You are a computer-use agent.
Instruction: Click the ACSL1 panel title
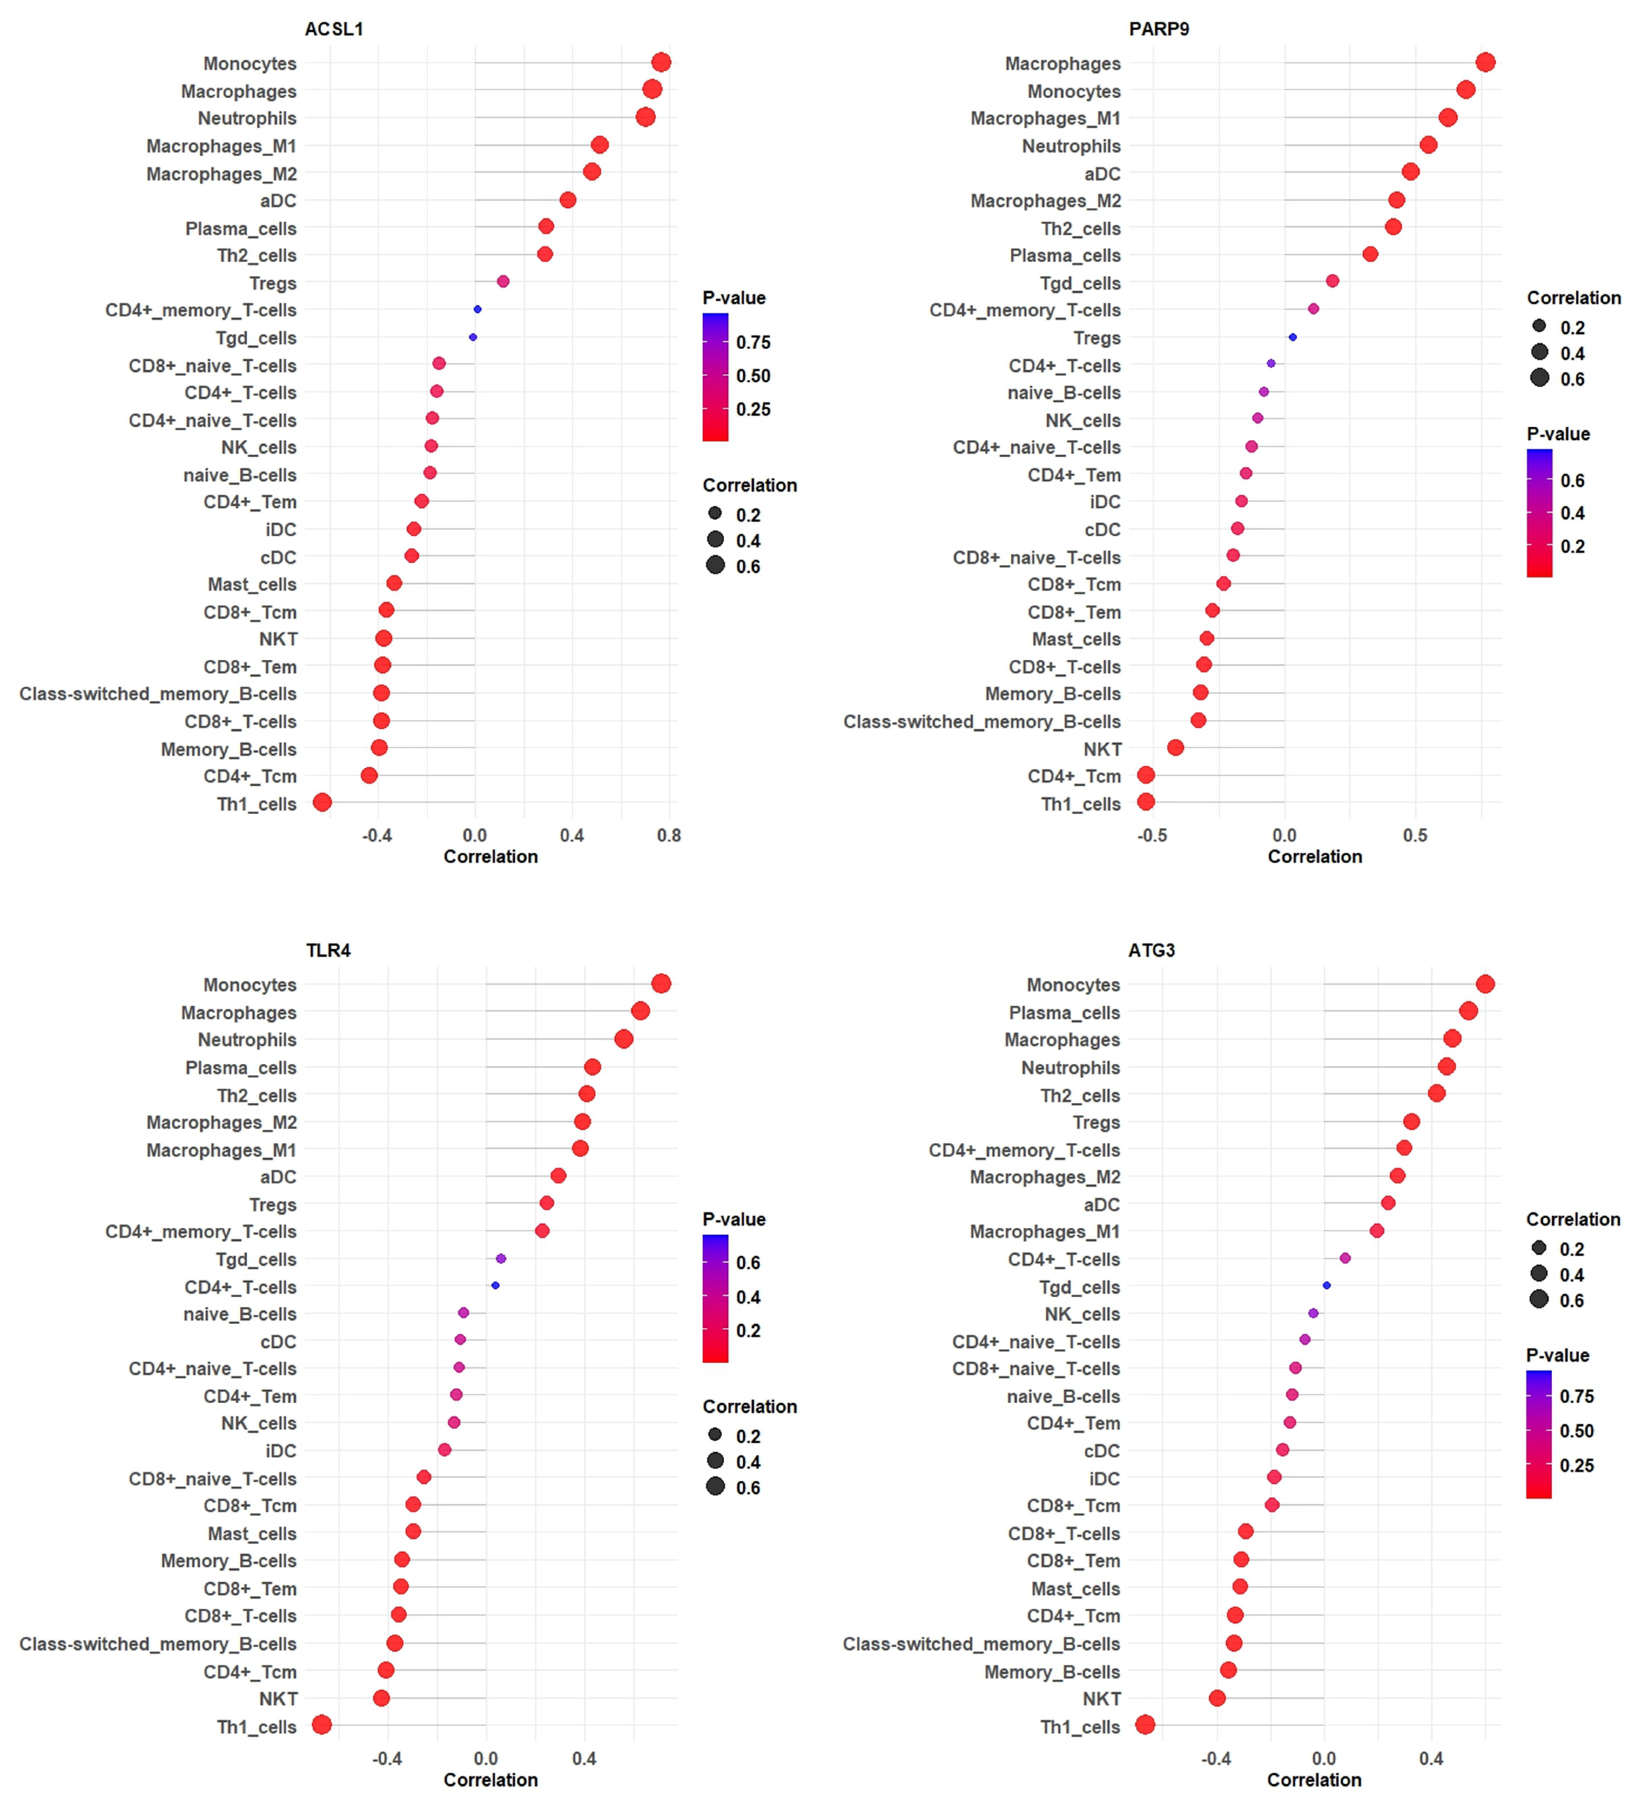333,28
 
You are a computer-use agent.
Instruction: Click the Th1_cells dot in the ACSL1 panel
323,802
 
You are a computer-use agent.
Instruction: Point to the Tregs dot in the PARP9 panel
1292,337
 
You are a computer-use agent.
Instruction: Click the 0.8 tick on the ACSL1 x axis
668,835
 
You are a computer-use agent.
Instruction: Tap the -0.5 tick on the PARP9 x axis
1151,835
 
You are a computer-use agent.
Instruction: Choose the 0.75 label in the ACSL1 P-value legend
753,342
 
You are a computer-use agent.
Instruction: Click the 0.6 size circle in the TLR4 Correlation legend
715,1487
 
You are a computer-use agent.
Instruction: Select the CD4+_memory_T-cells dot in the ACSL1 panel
477,309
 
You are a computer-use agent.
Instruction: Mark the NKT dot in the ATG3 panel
1217,1697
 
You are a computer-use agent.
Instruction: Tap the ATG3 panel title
1151,949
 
